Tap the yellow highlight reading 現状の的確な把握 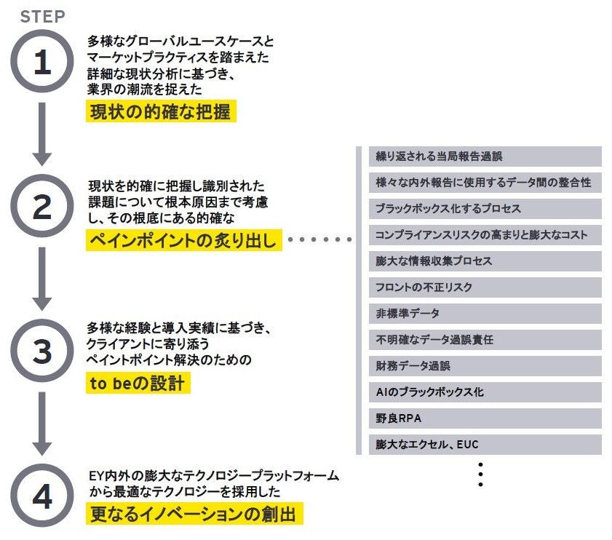tap(162, 112)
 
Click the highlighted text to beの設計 tap(138, 384)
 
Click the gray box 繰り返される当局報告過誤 tap(485, 156)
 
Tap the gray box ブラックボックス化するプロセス tap(485, 209)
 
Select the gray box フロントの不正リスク tap(485, 287)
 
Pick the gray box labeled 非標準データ tap(485, 314)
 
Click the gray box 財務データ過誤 tap(485, 366)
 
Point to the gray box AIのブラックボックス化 tap(485, 392)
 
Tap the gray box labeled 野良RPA tap(485, 418)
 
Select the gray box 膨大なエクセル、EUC tap(485, 445)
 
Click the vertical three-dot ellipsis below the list tap(480, 474)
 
